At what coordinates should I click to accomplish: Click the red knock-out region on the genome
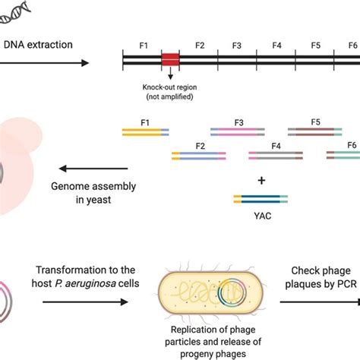(x=170, y=58)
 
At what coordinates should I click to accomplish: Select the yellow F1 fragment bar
(x=141, y=131)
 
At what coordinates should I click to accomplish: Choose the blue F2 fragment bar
(x=198, y=156)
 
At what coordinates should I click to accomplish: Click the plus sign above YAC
(x=261, y=180)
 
